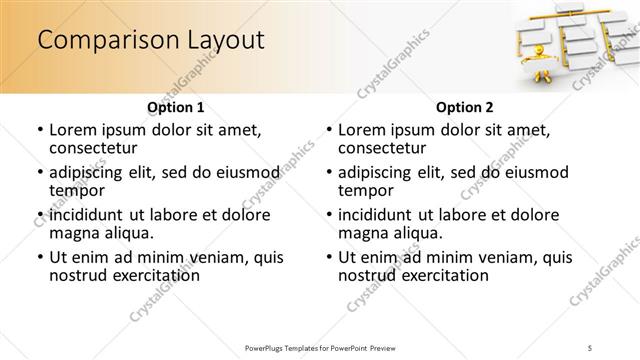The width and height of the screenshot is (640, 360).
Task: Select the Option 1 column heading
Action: [x=175, y=106]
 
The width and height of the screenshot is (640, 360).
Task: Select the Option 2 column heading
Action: [x=464, y=106]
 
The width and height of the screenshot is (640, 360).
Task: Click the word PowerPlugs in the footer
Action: [x=267, y=347]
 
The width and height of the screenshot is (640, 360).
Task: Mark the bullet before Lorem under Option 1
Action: [x=38, y=130]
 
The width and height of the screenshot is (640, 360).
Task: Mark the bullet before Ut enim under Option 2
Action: [x=328, y=257]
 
